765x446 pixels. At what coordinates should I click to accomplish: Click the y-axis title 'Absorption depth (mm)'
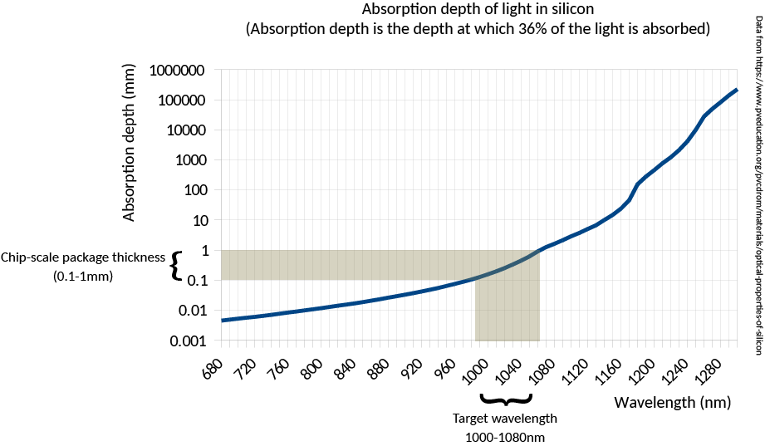(x=129, y=158)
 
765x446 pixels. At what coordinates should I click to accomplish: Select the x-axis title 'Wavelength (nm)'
(x=672, y=403)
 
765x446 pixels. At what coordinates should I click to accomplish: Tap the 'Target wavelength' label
(x=504, y=418)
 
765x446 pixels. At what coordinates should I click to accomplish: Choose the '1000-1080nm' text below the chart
(x=504, y=436)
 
